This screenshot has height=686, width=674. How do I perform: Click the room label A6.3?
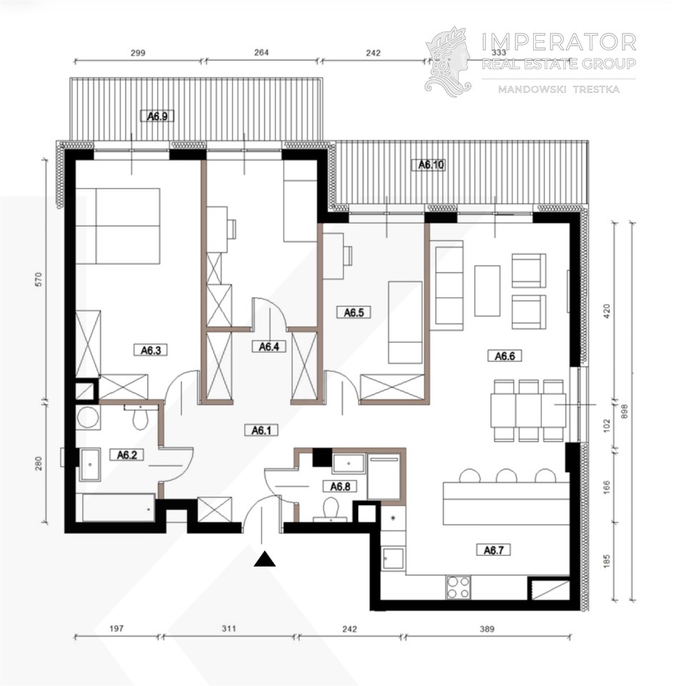pyautogui.click(x=151, y=350)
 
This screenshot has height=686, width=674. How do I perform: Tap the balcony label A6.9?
pyautogui.click(x=157, y=116)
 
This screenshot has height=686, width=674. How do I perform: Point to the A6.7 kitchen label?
pyautogui.click(x=493, y=550)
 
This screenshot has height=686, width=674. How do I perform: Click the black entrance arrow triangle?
pyautogui.click(x=264, y=559)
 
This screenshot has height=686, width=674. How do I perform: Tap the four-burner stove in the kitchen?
pyautogui.click(x=458, y=587)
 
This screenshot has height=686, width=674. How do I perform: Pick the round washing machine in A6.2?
pyautogui.click(x=87, y=417)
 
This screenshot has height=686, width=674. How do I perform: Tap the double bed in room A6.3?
pyautogui.click(x=117, y=227)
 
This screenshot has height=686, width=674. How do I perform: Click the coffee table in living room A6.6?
pyautogui.click(x=487, y=291)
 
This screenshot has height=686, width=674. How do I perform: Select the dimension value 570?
pyautogui.click(x=39, y=279)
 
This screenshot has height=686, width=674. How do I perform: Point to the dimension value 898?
pyautogui.click(x=625, y=412)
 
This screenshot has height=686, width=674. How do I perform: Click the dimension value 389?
pyautogui.click(x=487, y=629)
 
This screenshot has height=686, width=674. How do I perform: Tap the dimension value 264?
pyautogui.click(x=262, y=52)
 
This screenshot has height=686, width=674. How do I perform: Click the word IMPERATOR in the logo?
pyautogui.click(x=559, y=42)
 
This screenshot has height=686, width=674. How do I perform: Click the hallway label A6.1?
pyautogui.click(x=262, y=430)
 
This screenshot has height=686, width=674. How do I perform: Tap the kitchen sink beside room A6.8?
pyautogui.click(x=392, y=559)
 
